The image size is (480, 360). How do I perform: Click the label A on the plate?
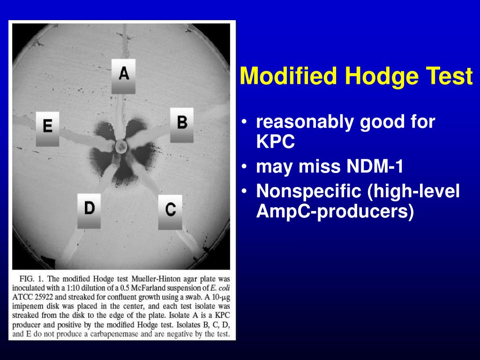tap(123, 75)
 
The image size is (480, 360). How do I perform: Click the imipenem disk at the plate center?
tap(121, 147)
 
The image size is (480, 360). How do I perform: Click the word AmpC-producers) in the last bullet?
tap(335, 211)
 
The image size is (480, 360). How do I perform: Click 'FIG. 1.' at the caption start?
tap(32, 278)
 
